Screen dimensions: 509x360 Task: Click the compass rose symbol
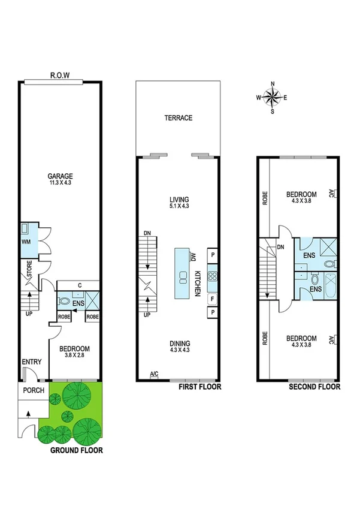point(273,97)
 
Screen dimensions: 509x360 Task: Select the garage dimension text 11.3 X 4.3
point(60,183)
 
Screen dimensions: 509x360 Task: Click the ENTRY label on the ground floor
point(32,362)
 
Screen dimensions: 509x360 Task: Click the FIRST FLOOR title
point(200,387)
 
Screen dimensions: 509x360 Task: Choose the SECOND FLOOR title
point(314,387)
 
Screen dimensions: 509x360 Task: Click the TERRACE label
point(179,118)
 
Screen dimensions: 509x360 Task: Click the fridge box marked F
point(211,299)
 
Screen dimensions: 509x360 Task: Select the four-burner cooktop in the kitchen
point(211,276)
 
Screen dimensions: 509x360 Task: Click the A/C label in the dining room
point(155,374)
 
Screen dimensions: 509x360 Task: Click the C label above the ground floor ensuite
point(78,286)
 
